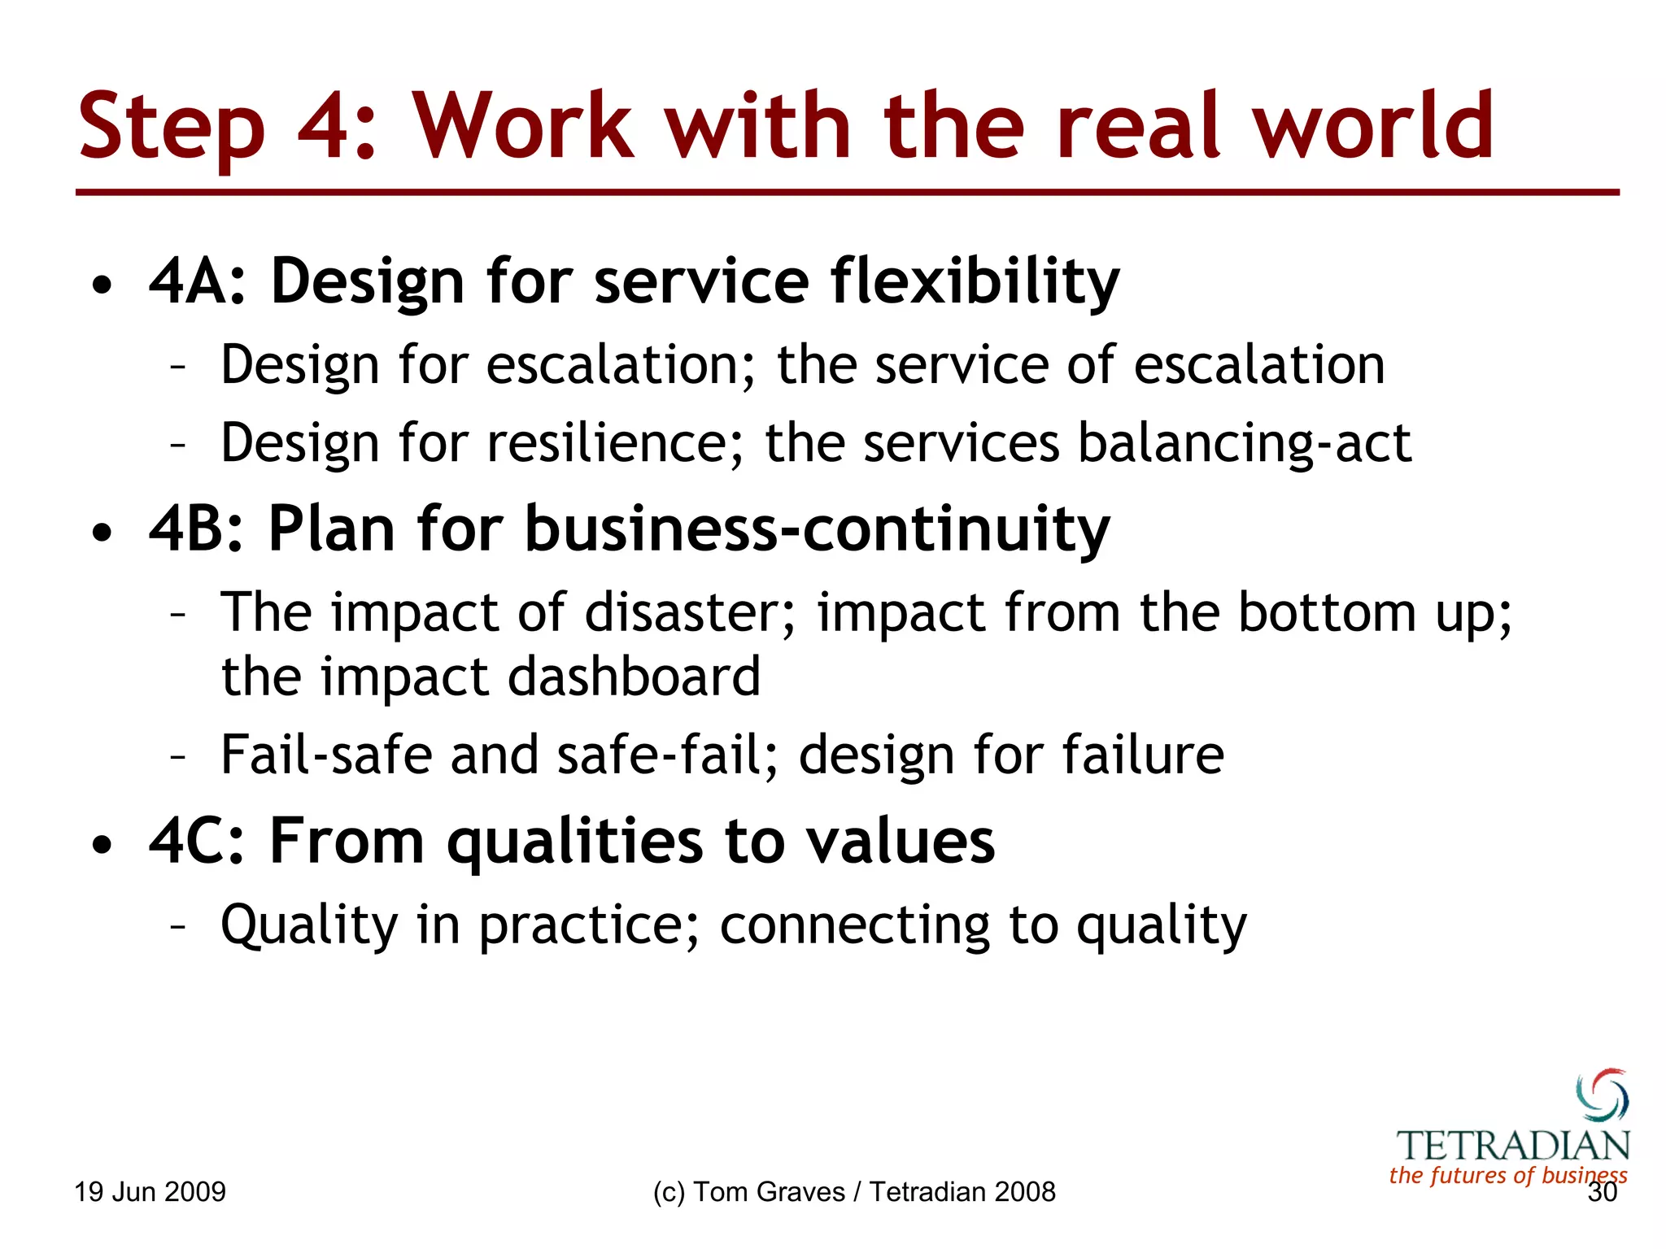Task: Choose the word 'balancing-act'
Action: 1245,444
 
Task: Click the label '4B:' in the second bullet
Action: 196,529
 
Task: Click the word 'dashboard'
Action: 634,677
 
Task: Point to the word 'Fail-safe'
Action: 326,755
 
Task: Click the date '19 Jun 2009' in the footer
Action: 150,1192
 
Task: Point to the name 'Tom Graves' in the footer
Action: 770,1192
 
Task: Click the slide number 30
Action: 1602,1193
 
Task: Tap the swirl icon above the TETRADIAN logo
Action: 1602,1095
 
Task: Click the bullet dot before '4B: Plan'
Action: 102,533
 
